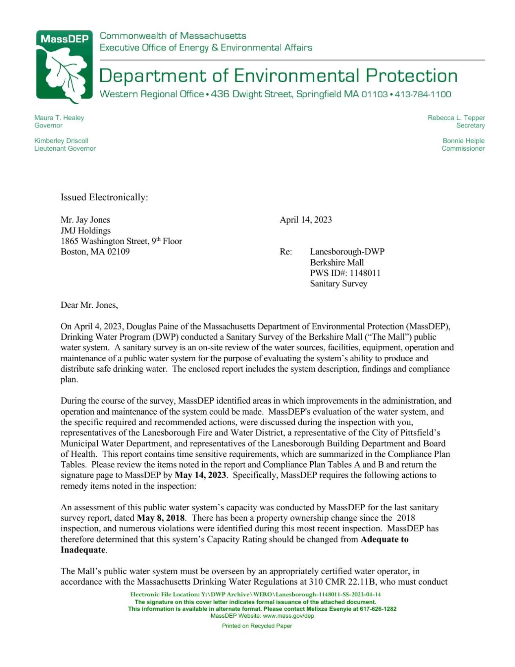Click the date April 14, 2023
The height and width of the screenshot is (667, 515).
305,220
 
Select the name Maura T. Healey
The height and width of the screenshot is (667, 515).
59,118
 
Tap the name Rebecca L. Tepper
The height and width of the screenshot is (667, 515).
456,118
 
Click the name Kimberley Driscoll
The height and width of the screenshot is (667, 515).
61,141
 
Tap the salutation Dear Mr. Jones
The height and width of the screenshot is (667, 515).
89,305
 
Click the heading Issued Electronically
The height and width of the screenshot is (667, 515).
104,197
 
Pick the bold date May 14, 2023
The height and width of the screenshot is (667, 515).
200,475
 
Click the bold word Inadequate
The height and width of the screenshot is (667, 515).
83,550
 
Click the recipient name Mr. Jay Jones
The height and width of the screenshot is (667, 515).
85,220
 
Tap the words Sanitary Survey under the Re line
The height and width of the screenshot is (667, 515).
338,284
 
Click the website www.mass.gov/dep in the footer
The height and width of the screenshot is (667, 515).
288,616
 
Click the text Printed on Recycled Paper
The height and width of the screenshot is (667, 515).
256,626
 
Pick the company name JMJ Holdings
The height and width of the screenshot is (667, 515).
85,230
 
